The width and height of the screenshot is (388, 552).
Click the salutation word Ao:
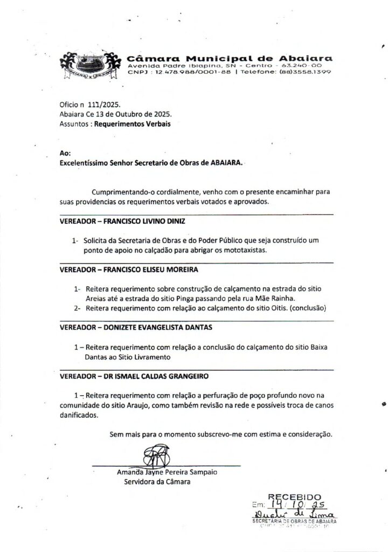coord(65,153)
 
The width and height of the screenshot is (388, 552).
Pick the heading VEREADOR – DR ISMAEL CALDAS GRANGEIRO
coord(134,376)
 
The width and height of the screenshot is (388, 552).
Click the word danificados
coord(79,416)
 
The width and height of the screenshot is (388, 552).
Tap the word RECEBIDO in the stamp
coord(294,496)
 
